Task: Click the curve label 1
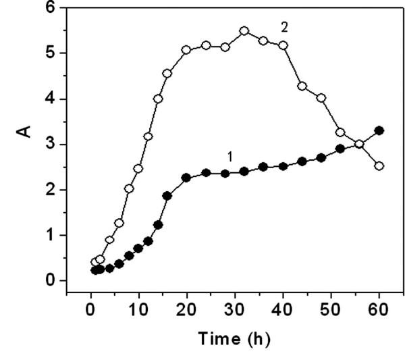(230, 156)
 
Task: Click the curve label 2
(285, 26)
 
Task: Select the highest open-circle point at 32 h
(244, 31)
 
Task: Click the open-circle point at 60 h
(379, 165)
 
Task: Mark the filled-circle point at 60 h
(379, 130)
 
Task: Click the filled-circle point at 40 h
(283, 166)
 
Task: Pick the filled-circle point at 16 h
(167, 196)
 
